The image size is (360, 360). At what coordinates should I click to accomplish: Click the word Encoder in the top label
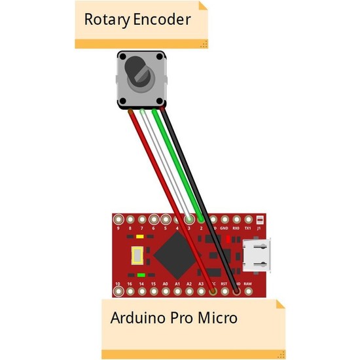(162, 19)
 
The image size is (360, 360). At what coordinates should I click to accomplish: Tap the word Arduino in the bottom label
(137, 319)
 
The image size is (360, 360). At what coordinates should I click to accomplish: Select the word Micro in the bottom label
(217, 319)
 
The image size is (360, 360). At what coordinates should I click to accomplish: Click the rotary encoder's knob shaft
(139, 70)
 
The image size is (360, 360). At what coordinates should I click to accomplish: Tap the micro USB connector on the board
(256, 255)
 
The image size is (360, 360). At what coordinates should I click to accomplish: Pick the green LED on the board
(141, 275)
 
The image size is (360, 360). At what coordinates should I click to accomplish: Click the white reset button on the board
(137, 255)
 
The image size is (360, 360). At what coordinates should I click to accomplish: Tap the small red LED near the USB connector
(228, 239)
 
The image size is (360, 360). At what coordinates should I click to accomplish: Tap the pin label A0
(166, 283)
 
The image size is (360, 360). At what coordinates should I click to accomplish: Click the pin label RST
(224, 283)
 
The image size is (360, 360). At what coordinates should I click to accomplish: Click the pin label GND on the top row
(225, 228)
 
